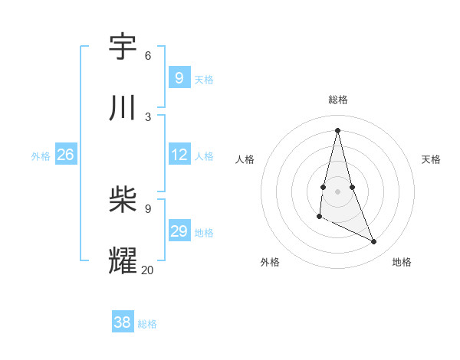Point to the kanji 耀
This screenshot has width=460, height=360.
(123, 260)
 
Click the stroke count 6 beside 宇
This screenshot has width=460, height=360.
(148, 56)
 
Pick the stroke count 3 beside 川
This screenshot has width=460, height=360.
(148, 116)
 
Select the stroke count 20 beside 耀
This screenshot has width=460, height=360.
(147, 270)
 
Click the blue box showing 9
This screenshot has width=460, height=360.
(179, 78)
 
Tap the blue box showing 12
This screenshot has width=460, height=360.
(179, 155)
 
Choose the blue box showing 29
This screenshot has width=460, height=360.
(179, 231)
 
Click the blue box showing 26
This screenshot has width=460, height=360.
(65, 155)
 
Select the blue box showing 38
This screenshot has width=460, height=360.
(123, 322)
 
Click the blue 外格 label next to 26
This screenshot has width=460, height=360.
(41, 156)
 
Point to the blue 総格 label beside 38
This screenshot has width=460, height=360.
(147, 324)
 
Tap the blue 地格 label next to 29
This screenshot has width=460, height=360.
(204, 233)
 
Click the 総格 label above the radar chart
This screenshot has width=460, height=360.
(338, 100)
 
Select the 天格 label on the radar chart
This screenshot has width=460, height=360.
(431, 159)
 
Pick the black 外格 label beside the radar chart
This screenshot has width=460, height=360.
(270, 262)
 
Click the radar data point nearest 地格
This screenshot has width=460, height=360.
(374, 242)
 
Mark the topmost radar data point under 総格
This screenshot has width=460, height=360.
(338, 130)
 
